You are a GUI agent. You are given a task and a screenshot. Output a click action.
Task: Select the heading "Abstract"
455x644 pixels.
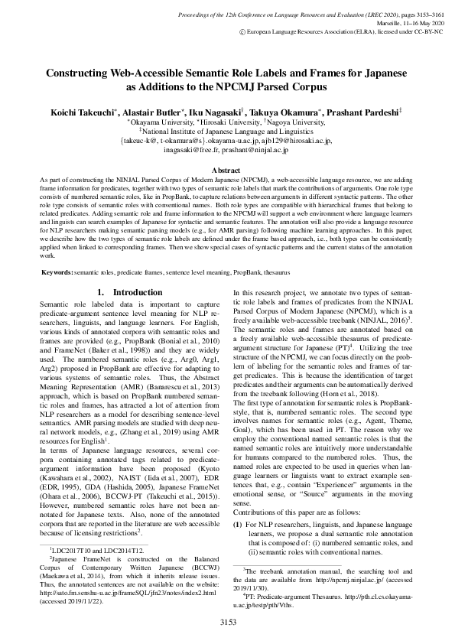click(x=227, y=170)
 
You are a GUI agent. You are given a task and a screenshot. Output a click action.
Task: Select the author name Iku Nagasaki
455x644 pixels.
click(x=222, y=112)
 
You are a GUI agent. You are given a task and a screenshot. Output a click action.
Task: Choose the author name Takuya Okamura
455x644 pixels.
click(x=286, y=112)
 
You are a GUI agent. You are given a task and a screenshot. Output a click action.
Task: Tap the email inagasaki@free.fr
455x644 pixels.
click(x=193, y=151)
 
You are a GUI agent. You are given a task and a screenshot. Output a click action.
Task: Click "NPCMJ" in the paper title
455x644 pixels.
click(x=327, y=88)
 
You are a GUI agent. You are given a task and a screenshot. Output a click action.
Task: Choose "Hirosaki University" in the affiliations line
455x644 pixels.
click(x=229, y=122)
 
